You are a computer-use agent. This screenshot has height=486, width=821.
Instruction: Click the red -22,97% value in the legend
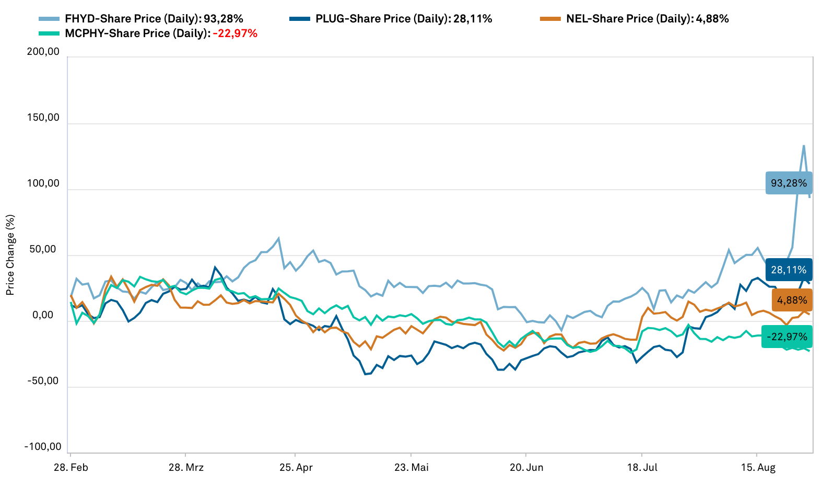(235, 33)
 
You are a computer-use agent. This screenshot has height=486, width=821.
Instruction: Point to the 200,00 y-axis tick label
(43, 52)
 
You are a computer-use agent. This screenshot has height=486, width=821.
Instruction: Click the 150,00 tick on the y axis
(43, 118)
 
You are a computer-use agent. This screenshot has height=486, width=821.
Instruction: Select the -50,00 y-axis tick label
(43, 381)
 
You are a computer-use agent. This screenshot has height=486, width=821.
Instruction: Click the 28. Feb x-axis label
(71, 467)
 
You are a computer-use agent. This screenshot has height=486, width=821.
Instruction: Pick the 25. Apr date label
(296, 467)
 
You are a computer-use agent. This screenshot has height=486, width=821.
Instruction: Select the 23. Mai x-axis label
(412, 467)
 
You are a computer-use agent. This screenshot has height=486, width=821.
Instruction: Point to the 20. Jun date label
(526, 467)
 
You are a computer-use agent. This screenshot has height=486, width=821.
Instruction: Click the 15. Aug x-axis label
(759, 467)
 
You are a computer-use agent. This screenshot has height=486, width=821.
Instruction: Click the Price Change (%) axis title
(10, 254)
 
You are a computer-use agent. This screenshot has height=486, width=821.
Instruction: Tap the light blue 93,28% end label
(789, 183)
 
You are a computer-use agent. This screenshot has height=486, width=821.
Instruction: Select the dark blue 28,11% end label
(789, 270)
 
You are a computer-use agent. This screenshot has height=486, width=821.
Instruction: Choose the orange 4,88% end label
(792, 300)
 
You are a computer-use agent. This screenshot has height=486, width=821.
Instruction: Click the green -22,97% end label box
(787, 337)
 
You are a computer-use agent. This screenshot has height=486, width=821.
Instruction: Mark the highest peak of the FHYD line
(804, 146)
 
